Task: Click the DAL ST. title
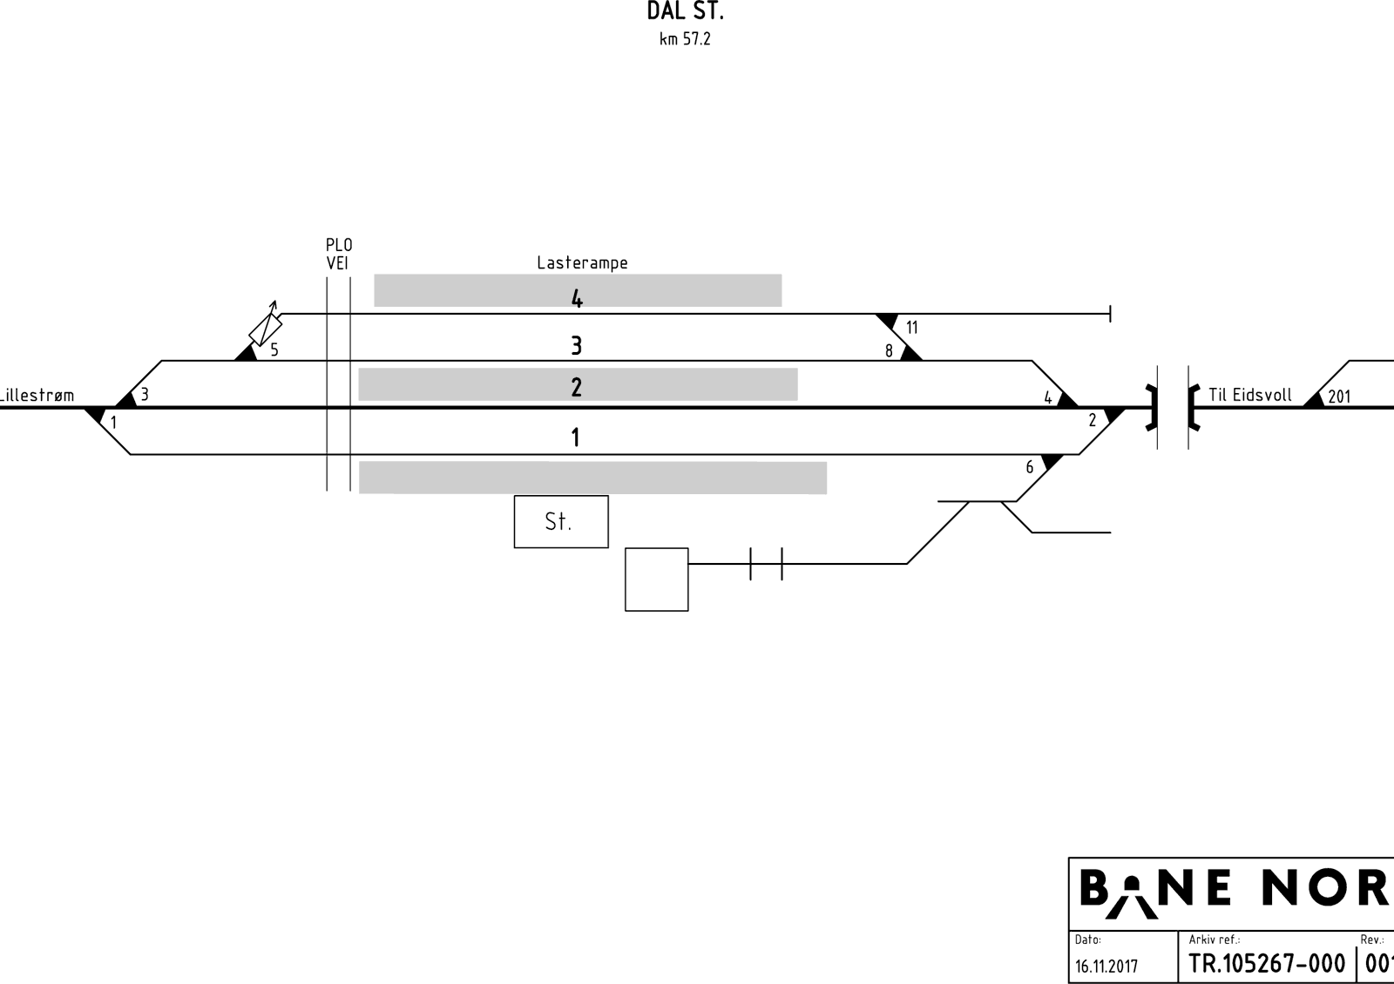pyautogui.click(x=685, y=11)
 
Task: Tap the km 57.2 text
pyautogui.click(x=685, y=39)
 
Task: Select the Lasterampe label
pyautogui.click(x=582, y=263)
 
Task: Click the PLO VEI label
pyautogui.click(x=339, y=254)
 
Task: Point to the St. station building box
pyautogui.click(x=561, y=521)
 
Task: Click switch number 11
pyautogui.click(x=911, y=328)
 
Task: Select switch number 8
pyautogui.click(x=889, y=351)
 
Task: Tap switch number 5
pyautogui.click(x=274, y=349)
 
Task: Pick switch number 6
pyautogui.click(x=1029, y=467)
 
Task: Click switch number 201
pyautogui.click(x=1339, y=397)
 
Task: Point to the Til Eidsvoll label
pyautogui.click(x=1249, y=395)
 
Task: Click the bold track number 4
pyautogui.click(x=577, y=299)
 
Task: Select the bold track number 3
pyautogui.click(x=576, y=345)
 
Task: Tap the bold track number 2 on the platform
pyautogui.click(x=576, y=387)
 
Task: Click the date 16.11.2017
pyautogui.click(x=1106, y=966)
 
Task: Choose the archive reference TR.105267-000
pyautogui.click(x=1267, y=963)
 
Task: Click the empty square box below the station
pyautogui.click(x=657, y=580)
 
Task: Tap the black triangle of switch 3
pyautogui.click(x=126, y=401)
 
